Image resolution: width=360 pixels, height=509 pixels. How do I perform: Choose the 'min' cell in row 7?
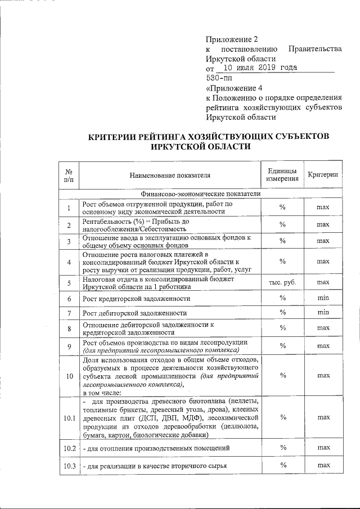(322, 312)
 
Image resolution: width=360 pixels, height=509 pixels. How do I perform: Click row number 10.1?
(70, 418)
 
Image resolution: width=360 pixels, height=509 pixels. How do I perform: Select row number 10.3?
(70, 466)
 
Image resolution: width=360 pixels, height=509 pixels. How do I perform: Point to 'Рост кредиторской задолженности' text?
(136, 298)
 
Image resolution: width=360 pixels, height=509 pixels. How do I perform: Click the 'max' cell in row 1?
(322, 208)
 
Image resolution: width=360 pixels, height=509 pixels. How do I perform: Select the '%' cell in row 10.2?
(283, 447)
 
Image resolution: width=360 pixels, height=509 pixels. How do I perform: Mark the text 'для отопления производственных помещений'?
(156, 448)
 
